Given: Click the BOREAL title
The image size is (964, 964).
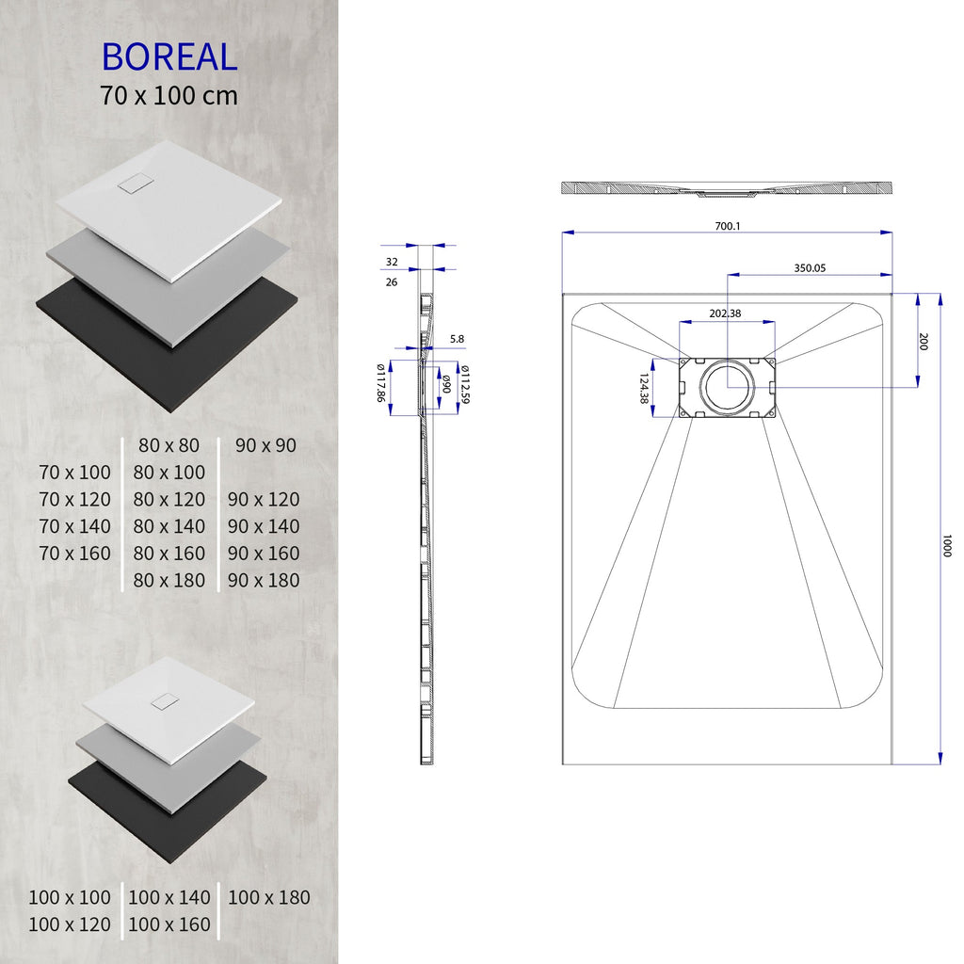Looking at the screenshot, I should pyautogui.click(x=169, y=56).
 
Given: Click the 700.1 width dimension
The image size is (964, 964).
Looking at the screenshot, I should pyautogui.click(x=727, y=226).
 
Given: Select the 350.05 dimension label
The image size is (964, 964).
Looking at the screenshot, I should pyautogui.click(x=809, y=267).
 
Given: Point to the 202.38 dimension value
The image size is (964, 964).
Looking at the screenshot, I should pyautogui.click(x=725, y=313).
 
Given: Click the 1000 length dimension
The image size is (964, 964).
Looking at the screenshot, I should pyautogui.click(x=947, y=545).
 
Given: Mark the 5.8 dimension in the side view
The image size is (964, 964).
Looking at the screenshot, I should pyautogui.click(x=457, y=338).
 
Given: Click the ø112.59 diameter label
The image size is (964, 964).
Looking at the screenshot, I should pyautogui.click(x=465, y=384).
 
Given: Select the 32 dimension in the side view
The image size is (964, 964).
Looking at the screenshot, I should pyautogui.click(x=392, y=262).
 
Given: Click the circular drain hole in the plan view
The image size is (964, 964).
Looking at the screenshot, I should pyautogui.click(x=726, y=387).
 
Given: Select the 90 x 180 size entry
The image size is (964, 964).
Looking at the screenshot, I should pyautogui.click(x=264, y=580).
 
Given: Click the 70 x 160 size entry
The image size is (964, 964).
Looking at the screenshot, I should pyautogui.click(x=75, y=553).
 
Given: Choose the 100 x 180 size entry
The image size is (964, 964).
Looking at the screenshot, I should pyautogui.click(x=268, y=897).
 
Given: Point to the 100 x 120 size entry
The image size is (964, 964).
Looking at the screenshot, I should pyautogui.click(x=69, y=924).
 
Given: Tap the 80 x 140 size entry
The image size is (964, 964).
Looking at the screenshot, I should pyautogui.click(x=169, y=526).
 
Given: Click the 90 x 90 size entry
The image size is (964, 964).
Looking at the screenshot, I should pyautogui.click(x=266, y=445).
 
